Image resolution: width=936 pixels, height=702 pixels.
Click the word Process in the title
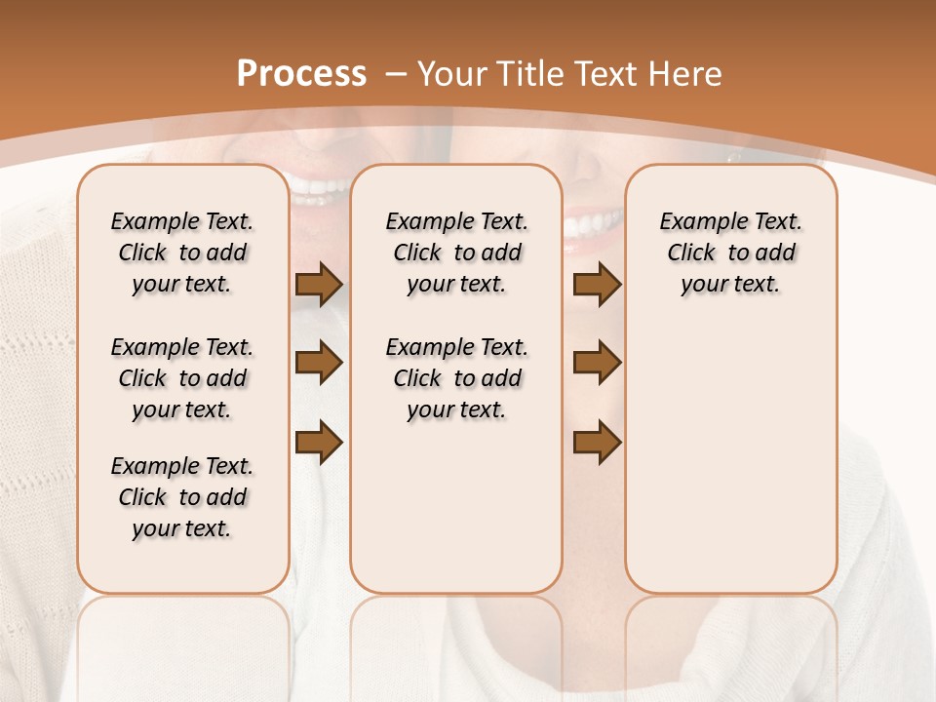pos(301,74)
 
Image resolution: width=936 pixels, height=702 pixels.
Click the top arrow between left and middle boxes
pos(319,285)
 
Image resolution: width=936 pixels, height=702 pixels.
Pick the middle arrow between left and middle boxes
pos(319,363)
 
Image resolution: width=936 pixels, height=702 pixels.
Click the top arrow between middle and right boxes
pos(597,285)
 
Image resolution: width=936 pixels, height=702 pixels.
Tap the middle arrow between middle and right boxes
pos(597,363)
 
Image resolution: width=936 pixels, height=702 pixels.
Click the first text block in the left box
pos(182,253)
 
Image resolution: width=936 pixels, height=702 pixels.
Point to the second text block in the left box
pos(182,378)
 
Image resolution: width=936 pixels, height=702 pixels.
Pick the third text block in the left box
pos(182,497)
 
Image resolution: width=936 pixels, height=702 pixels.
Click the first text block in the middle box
pos(457,253)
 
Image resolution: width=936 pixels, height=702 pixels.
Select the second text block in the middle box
pos(457,378)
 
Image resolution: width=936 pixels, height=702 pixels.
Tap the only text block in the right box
pos(731,253)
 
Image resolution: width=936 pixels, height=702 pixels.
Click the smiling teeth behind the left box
pos(319,190)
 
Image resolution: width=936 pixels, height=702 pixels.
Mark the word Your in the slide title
pos(454,74)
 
